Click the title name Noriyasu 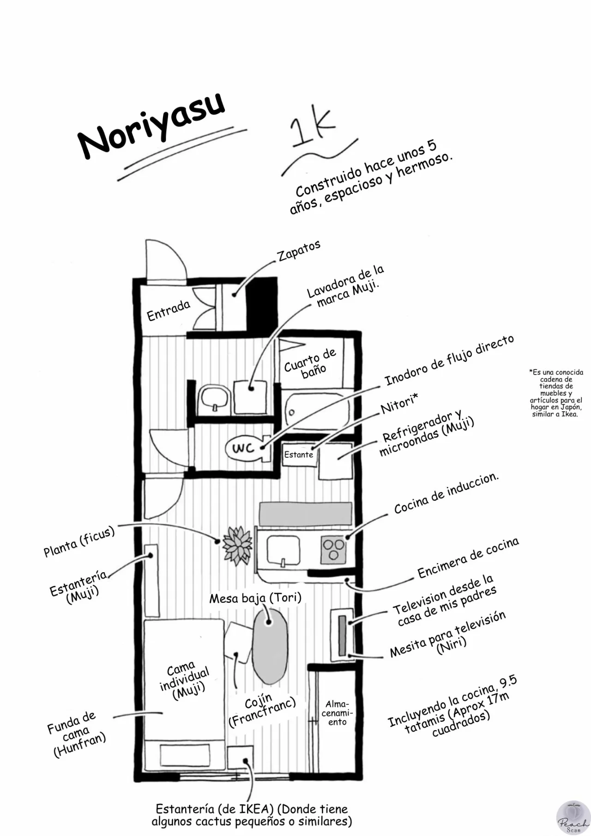[x=151, y=124]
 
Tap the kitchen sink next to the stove [x=283, y=550]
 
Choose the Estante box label [x=299, y=454]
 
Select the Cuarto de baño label [x=311, y=363]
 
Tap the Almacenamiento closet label [x=337, y=713]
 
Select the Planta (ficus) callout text [x=79, y=541]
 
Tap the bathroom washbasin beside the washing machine [x=214, y=398]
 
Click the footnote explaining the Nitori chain [x=556, y=393]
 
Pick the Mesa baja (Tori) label [x=255, y=598]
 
